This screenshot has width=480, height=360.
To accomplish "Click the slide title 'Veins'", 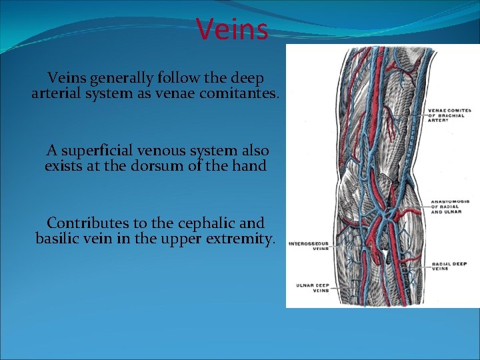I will point(233,29).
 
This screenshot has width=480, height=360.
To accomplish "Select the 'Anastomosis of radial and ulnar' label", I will point(452,206).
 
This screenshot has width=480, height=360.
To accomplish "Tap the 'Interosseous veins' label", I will point(307,246).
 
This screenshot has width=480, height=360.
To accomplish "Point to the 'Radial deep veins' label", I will point(449,267).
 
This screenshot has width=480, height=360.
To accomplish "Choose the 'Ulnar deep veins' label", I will point(312,288).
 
